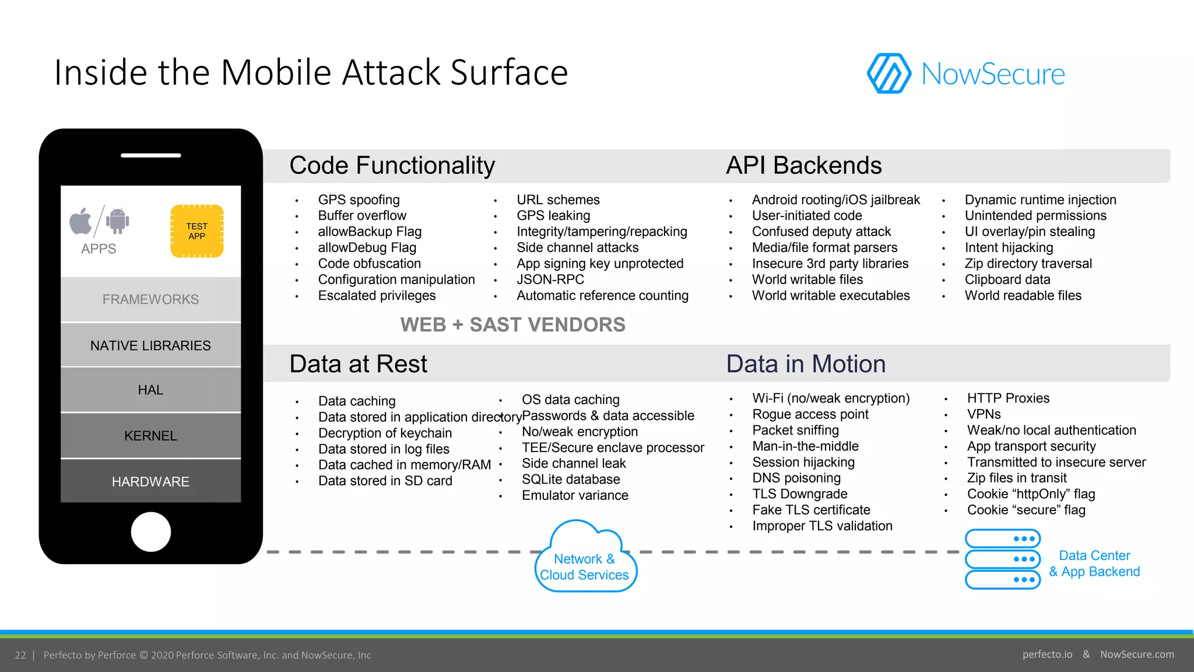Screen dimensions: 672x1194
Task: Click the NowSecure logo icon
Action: (x=889, y=73)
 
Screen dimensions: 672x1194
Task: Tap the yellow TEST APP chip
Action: (x=197, y=231)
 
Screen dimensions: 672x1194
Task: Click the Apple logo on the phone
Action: (x=81, y=221)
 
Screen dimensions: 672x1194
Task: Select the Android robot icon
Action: (x=118, y=220)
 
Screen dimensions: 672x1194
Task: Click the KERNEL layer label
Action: (x=150, y=436)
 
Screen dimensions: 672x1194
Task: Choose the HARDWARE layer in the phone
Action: (x=150, y=482)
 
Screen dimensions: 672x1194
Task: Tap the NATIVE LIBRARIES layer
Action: (x=150, y=346)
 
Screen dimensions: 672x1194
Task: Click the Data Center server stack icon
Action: (x=1002, y=559)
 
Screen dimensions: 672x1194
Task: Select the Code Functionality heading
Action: (x=392, y=166)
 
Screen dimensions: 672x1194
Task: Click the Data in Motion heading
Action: (x=806, y=364)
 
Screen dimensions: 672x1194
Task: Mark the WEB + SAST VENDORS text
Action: (x=512, y=325)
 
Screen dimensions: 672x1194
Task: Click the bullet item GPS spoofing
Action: (x=359, y=200)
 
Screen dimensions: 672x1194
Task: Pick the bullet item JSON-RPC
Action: (x=550, y=279)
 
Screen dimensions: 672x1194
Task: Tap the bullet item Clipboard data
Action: (x=1007, y=279)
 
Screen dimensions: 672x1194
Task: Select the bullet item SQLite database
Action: (x=570, y=480)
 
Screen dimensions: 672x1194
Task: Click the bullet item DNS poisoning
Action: (x=796, y=478)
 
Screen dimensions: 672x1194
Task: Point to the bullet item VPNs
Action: (x=984, y=414)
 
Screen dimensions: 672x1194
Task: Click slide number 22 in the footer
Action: (x=20, y=655)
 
